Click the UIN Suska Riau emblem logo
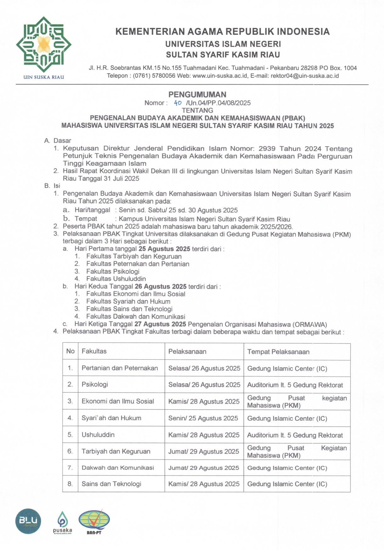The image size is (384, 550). (43, 45)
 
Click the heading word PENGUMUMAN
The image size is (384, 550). (197, 94)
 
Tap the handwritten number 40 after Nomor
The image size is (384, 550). (178, 103)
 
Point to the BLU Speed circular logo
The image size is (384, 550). (28, 521)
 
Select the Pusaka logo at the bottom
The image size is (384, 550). (62, 522)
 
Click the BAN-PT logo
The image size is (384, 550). (94, 522)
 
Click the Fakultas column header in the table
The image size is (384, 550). (94, 351)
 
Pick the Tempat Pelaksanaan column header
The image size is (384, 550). (278, 351)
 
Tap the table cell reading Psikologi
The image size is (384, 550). (95, 384)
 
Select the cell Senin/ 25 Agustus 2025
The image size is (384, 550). (203, 418)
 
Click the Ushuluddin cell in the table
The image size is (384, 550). (98, 435)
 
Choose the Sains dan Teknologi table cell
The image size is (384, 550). (111, 484)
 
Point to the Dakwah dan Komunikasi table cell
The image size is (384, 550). (118, 468)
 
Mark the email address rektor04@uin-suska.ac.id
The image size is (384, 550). (305, 76)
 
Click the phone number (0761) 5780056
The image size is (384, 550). (154, 76)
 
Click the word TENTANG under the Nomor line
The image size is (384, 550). (197, 110)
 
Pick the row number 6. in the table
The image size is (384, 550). (70, 451)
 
